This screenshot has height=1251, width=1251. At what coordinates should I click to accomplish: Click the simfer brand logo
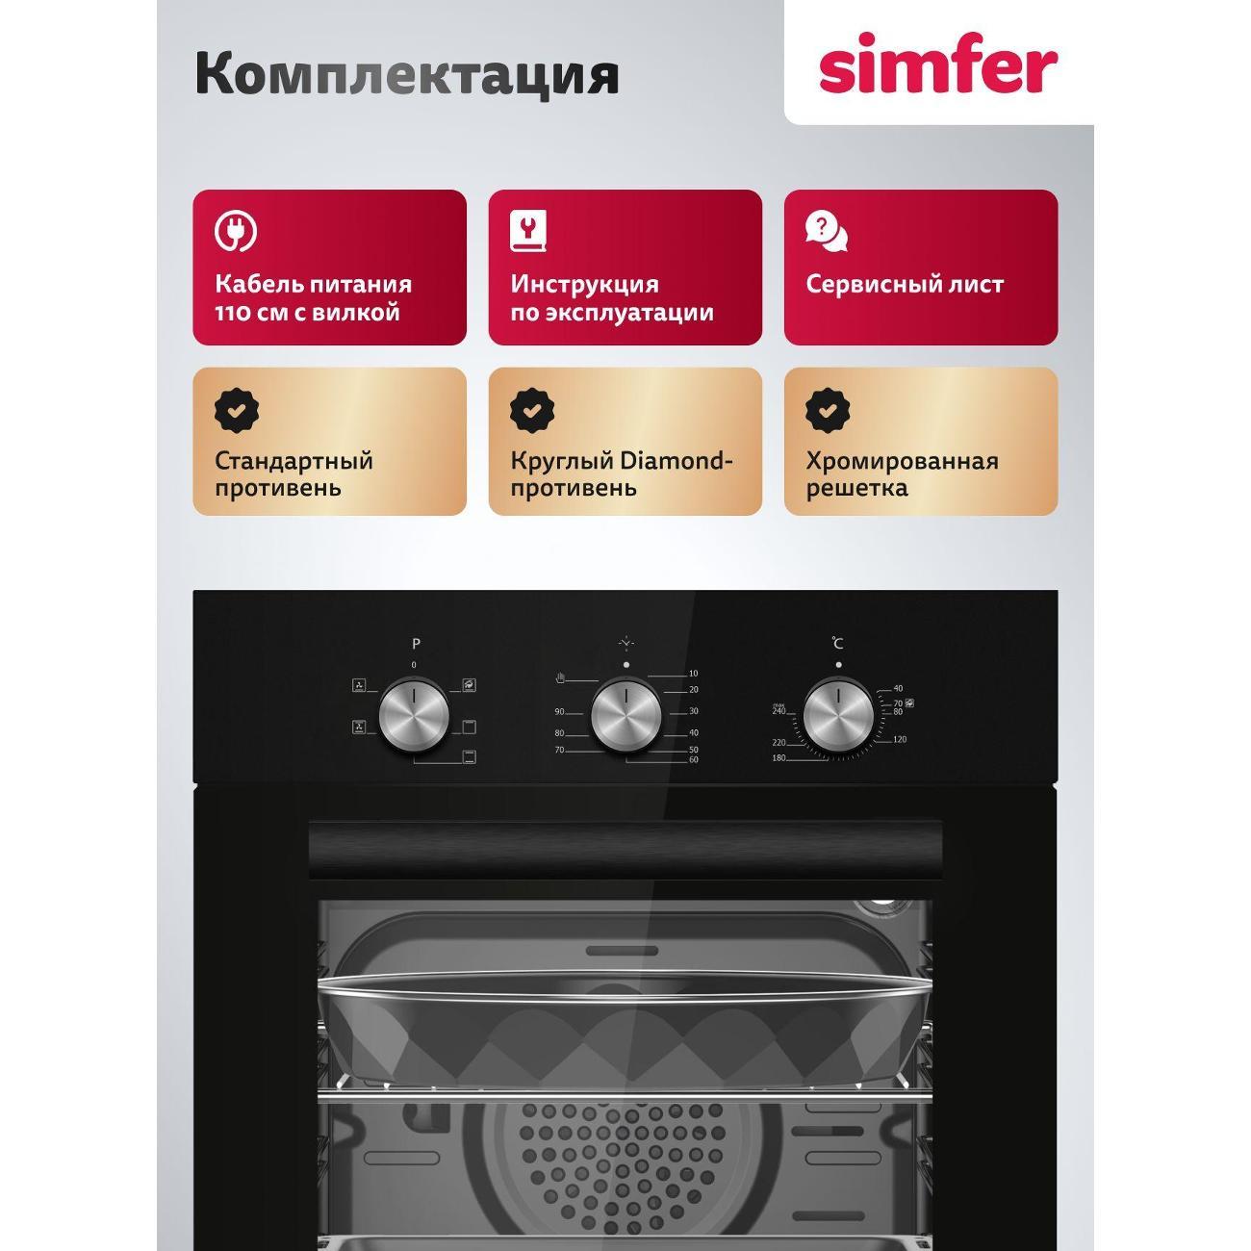coord(937,65)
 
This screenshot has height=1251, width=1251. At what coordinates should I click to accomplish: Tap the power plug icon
coord(235,230)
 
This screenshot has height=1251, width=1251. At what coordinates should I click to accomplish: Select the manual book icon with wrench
coord(527,231)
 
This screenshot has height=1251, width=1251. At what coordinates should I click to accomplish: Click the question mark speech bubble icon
coord(826,232)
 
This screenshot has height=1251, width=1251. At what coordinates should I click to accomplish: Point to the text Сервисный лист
coord(905,285)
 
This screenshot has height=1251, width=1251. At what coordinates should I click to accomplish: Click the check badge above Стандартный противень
coord(236,410)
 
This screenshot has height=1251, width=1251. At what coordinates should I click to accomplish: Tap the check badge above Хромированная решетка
coord(827,410)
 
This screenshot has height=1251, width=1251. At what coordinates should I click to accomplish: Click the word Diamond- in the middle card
coord(677,461)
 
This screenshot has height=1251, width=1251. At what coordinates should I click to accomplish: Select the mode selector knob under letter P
coord(414,715)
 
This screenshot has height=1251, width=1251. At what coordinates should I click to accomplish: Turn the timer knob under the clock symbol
coord(626,715)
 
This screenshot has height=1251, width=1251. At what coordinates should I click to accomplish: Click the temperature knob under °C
coord(838,715)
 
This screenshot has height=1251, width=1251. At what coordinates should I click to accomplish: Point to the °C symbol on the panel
coord(837,643)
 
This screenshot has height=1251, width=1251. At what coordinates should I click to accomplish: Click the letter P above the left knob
coord(416,643)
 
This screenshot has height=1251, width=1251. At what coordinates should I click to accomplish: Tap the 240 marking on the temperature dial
coord(779,711)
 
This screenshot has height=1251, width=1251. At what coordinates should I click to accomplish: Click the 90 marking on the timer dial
coord(559,712)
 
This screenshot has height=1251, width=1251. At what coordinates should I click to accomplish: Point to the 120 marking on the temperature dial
coord(900,739)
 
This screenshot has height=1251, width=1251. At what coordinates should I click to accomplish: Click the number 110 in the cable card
coord(234,313)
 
